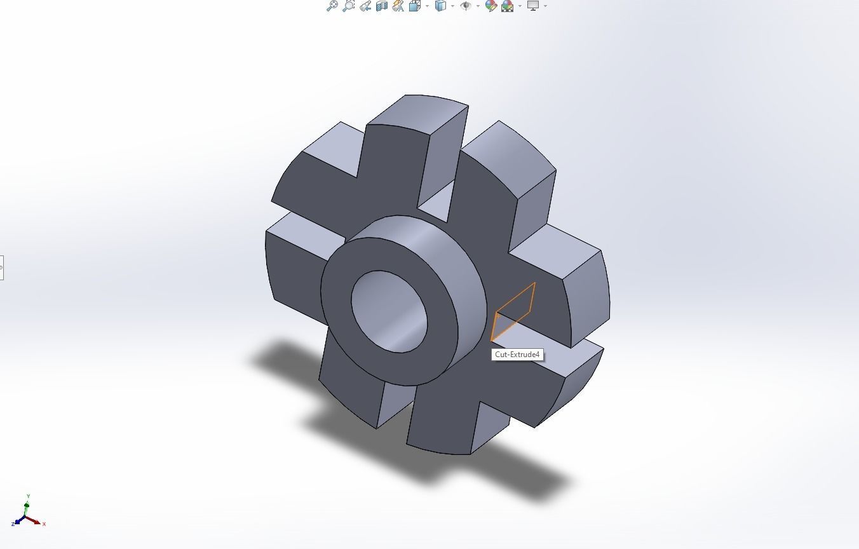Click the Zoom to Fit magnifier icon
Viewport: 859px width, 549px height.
coord(331,6)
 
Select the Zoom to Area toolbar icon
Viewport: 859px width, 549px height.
coord(348,6)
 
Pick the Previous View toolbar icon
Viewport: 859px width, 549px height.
coord(365,6)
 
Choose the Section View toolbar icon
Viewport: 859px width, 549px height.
coord(381,6)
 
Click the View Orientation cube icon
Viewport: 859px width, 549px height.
coord(415,6)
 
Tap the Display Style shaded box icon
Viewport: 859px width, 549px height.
coord(440,6)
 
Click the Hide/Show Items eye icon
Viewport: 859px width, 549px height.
coord(466,6)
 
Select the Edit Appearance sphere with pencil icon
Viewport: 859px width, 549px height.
coord(490,6)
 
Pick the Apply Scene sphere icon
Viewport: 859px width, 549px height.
coord(507,6)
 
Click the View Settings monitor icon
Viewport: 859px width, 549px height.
coord(532,6)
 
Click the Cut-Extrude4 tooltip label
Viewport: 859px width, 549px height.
coord(517,355)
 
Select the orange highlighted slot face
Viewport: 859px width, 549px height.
coord(513,311)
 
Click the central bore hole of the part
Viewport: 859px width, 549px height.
coord(389,311)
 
